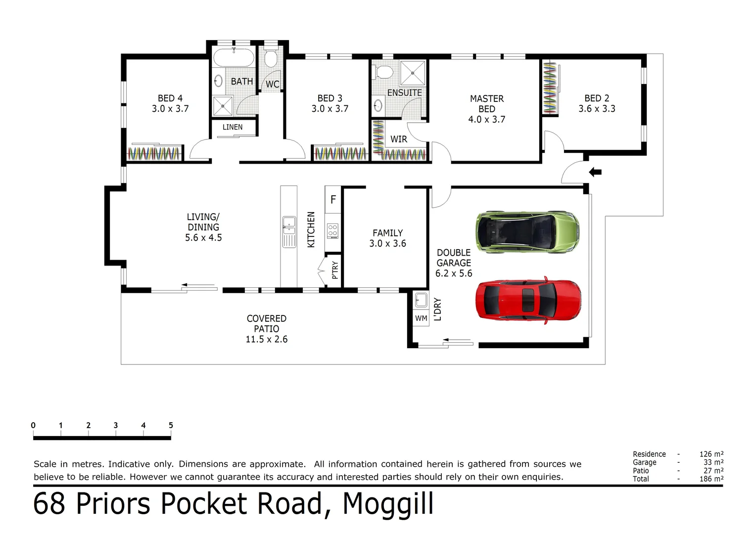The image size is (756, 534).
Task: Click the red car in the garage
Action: (x=528, y=301)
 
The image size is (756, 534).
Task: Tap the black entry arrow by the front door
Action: (x=595, y=172)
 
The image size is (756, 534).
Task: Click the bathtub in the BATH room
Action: (x=234, y=58)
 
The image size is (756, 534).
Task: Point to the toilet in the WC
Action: (x=270, y=59)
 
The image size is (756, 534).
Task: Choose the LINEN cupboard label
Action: (x=233, y=127)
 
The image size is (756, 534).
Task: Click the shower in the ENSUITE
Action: (x=413, y=73)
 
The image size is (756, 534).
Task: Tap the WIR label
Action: (x=399, y=139)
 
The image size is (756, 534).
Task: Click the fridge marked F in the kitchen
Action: (x=333, y=200)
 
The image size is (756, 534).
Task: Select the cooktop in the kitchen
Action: (x=332, y=230)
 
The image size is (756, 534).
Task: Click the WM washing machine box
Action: (x=421, y=318)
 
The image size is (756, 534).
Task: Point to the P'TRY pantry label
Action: (x=335, y=270)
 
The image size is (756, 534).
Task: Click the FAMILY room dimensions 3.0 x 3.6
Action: (x=387, y=243)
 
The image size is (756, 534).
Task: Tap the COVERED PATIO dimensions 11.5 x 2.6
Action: (x=266, y=339)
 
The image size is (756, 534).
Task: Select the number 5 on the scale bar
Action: (x=171, y=425)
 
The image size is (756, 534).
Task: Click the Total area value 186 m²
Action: (x=711, y=479)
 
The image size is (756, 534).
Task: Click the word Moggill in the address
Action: (x=388, y=504)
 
